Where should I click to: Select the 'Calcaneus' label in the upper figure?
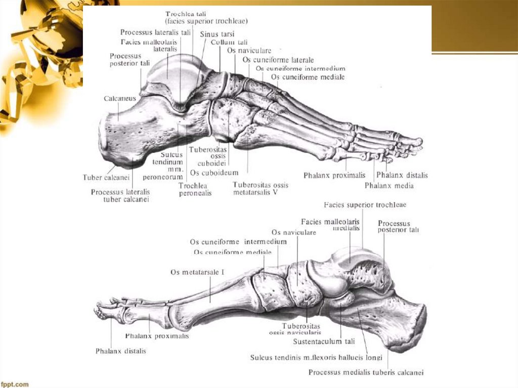120,99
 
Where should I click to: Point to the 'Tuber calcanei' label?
106,178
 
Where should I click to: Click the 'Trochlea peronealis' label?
195,189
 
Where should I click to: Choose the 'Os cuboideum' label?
213,173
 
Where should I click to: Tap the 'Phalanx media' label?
389,186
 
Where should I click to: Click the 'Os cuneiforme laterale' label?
278,60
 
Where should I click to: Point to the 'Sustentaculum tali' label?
324,341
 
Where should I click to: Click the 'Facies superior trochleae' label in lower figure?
365,205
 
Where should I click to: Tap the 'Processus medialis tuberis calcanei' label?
366,373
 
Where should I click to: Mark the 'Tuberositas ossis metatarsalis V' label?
261,189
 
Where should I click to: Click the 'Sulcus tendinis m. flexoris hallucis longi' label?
316,358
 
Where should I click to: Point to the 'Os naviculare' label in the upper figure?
249,51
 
